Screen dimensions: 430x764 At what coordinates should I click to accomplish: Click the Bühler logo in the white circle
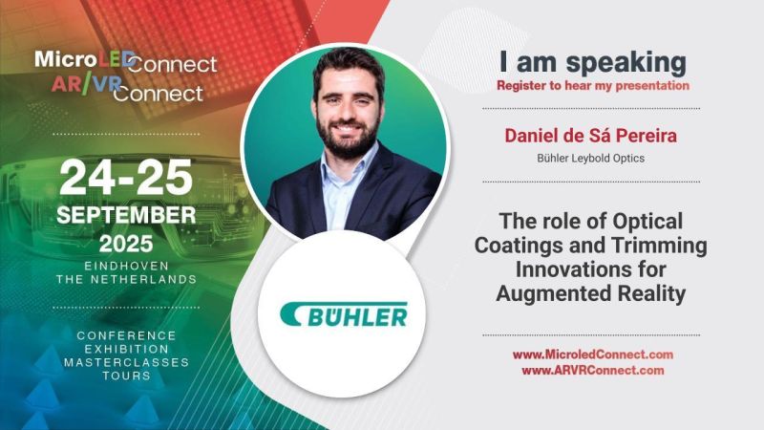point(344,314)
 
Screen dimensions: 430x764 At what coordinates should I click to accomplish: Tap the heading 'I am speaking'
point(592,63)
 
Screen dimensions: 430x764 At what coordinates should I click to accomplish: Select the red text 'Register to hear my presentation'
point(592,86)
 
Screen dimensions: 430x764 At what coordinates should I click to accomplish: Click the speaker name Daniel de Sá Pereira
point(590,136)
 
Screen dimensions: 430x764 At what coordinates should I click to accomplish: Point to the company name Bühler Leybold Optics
point(590,158)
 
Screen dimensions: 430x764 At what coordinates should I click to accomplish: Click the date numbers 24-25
point(126,177)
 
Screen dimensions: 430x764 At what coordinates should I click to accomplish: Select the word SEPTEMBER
point(126,214)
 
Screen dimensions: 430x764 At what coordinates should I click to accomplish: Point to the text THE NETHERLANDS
point(126,279)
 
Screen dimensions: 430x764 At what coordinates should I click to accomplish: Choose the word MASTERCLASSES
point(126,363)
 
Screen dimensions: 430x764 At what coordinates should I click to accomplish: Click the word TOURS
point(126,376)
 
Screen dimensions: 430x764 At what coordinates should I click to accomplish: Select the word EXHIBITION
point(126,349)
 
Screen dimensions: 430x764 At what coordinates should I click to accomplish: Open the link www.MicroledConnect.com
point(592,355)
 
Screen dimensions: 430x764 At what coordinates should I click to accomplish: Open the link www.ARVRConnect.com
point(592,370)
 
